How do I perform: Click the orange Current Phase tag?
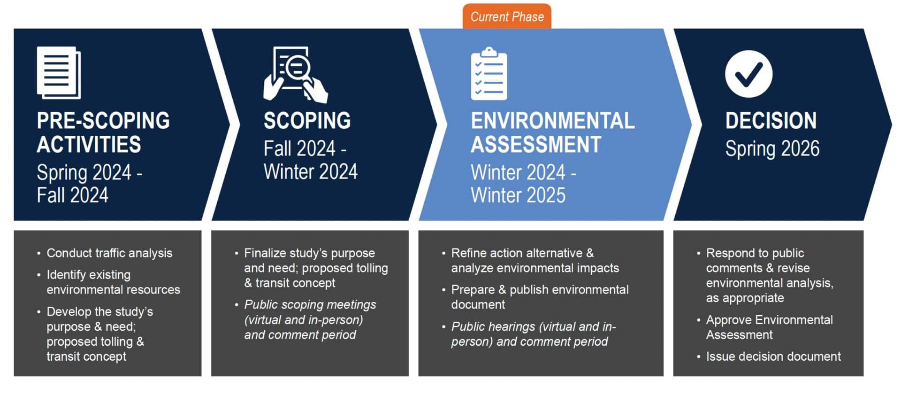(507, 16)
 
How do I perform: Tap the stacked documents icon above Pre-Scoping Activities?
(59, 73)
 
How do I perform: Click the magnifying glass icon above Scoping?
(296, 74)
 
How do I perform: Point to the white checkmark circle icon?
(748, 74)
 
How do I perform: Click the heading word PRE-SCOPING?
(103, 121)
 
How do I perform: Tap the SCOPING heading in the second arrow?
(307, 121)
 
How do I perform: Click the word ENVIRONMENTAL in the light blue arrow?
(553, 121)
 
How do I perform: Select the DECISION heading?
(771, 121)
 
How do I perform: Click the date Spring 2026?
(772, 149)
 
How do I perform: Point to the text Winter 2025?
(518, 195)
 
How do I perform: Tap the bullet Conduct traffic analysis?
(109, 253)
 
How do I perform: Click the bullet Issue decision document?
(773, 356)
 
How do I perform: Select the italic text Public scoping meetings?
(310, 305)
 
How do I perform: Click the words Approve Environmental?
(770, 320)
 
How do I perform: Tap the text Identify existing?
(89, 275)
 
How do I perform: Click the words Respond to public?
(755, 253)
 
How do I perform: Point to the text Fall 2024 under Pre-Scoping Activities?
(73, 195)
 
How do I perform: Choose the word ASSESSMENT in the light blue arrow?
(536, 144)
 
